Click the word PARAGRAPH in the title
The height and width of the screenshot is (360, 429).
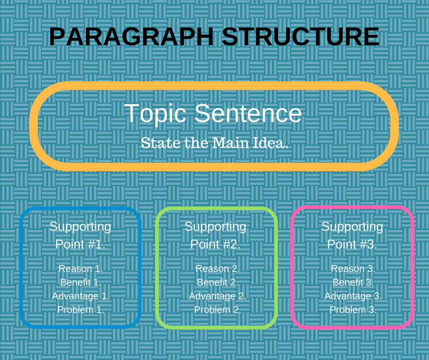[x=131, y=37]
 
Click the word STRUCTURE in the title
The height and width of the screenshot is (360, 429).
[x=300, y=37]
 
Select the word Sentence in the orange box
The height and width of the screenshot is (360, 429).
[x=248, y=113]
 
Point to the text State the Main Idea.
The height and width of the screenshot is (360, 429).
[x=214, y=143]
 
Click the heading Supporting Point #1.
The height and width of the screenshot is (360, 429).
[x=80, y=236]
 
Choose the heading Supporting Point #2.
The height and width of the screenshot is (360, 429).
[x=215, y=236]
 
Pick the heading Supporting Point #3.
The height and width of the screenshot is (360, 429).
[x=352, y=236]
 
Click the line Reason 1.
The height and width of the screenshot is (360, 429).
[x=81, y=269]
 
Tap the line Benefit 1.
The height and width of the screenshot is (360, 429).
[x=81, y=282]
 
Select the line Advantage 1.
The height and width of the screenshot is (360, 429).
[x=81, y=296]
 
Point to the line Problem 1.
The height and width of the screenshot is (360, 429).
[x=81, y=310]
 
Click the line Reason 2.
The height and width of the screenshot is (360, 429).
[x=218, y=269]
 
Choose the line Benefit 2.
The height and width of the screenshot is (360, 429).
[x=218, y=282]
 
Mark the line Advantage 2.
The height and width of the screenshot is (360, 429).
[x=218, y=296]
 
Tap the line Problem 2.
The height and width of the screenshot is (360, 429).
[x=218, y=310]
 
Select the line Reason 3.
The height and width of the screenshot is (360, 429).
[x=353, y=269]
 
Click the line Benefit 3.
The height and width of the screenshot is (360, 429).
[x=353, y=282]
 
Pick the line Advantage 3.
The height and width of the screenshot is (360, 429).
[x=353, y=296]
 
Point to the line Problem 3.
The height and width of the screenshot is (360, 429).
[x=353, y=310]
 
